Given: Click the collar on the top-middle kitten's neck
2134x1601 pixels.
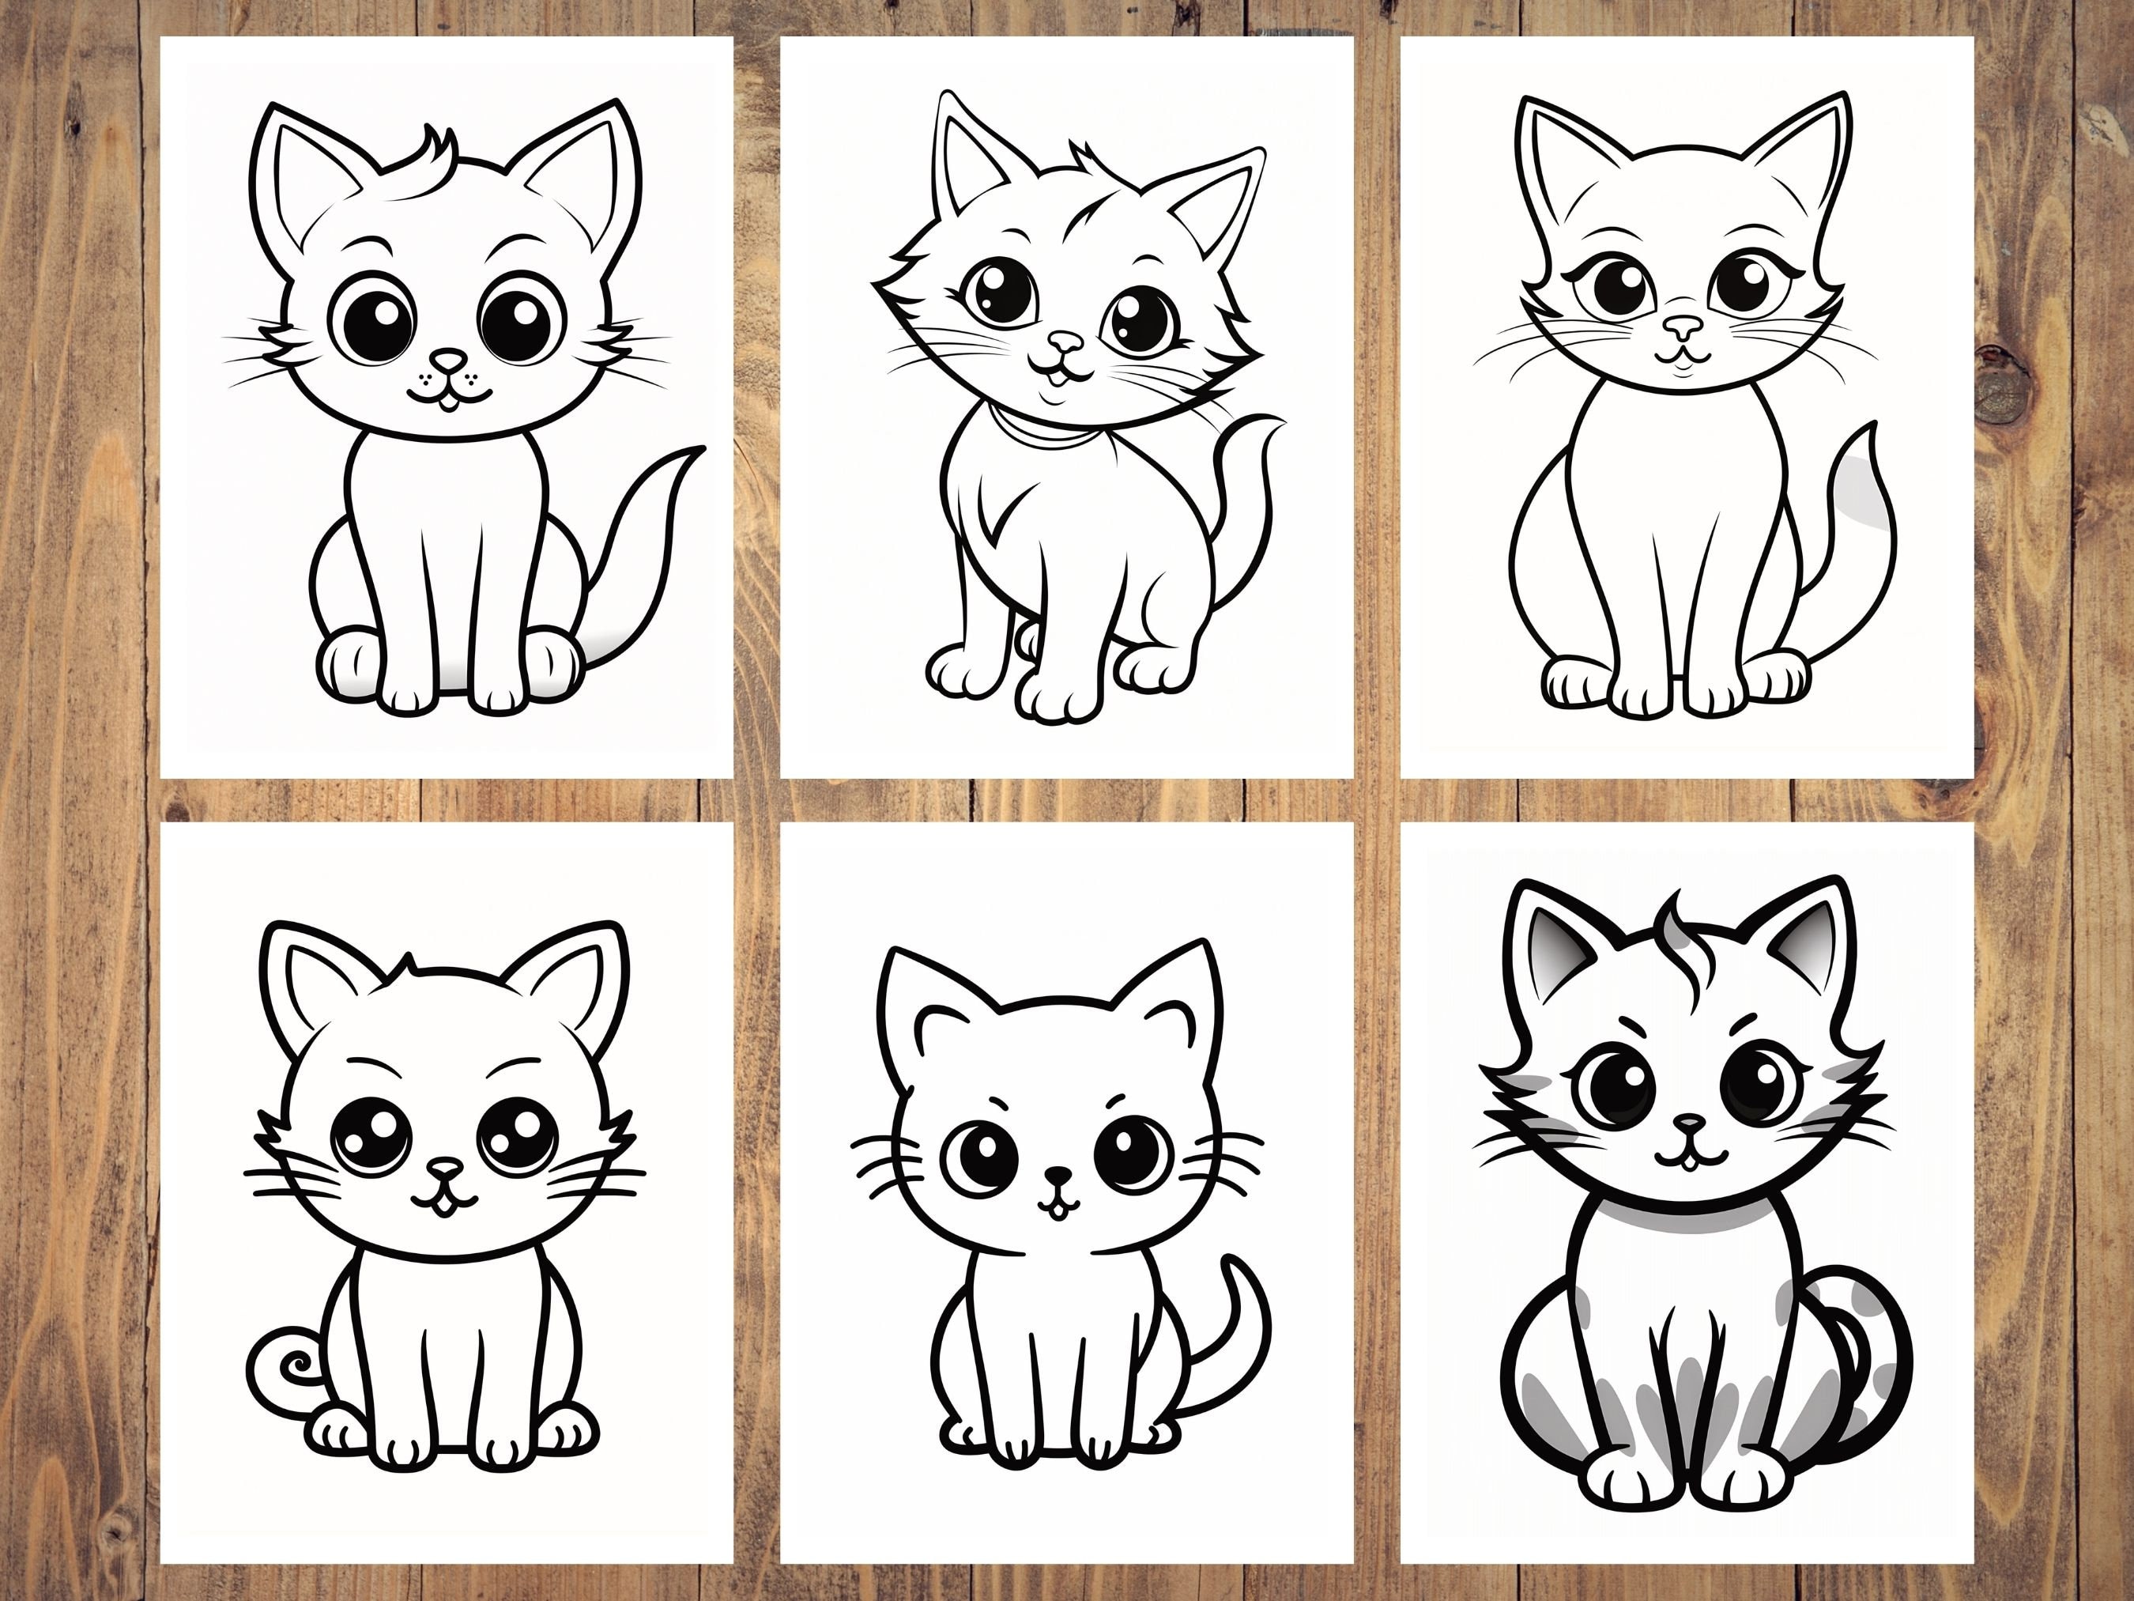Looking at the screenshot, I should point(1044,434).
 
